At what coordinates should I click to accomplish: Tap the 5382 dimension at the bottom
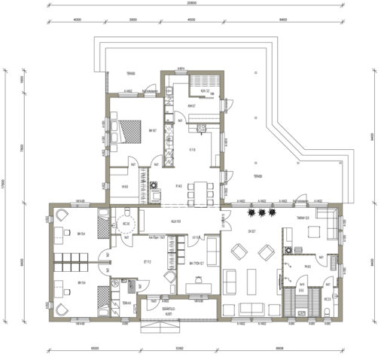coord(180,349)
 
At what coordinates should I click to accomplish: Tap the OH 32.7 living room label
coord(251,231)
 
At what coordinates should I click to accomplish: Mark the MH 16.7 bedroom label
coord(152,130)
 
